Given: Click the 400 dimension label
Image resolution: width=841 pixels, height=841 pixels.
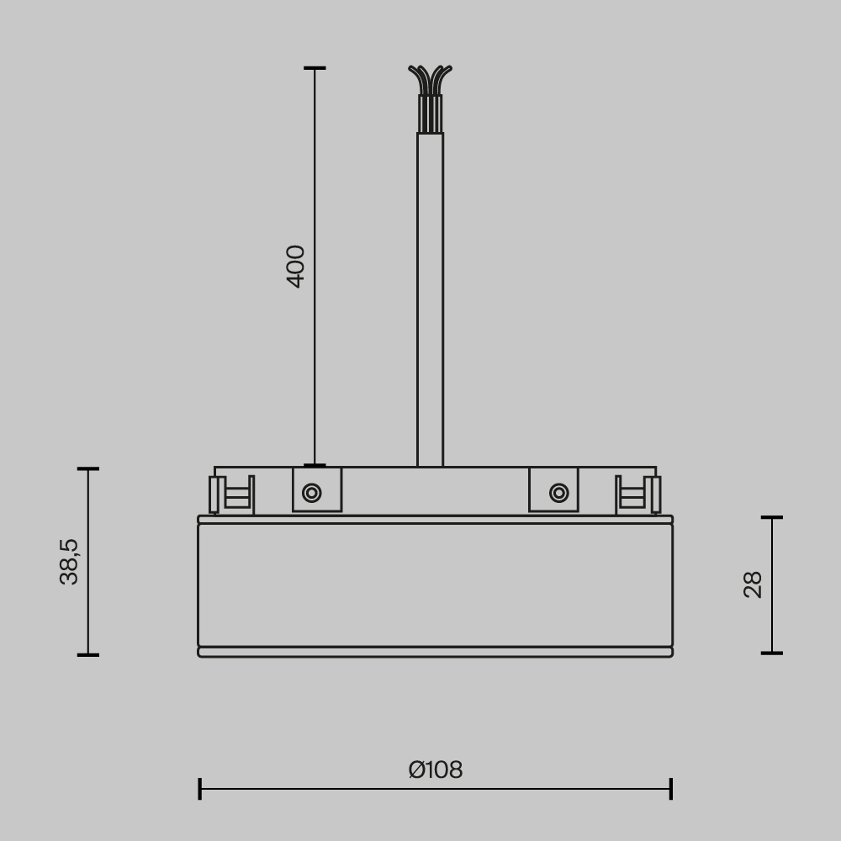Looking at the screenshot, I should pyautogui.click(x=296, y=266).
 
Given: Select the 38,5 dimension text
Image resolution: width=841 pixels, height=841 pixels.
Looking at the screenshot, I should pyautogui.click(x=69, y=561).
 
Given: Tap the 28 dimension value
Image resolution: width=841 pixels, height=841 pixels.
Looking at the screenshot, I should pyautogui.click(x=753, y=584).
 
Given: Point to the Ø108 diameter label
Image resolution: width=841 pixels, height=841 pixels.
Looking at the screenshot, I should pyautogui.click(x=436, y=770).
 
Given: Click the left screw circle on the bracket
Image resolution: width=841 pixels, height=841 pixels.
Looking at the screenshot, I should pyautogui.click(x=312, y=493).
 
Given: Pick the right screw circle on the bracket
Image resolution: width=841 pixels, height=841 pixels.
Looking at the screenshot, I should pyautogui.click(x=558, y=493).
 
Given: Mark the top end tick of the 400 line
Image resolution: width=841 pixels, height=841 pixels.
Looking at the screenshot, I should pyautogui.click(x=315, y=68).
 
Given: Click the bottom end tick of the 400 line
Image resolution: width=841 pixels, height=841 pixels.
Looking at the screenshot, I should pyautogui.click(x=315, y=465).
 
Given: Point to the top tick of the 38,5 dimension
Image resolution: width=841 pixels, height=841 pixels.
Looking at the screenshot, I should pyautogui.click(x=88, y=468).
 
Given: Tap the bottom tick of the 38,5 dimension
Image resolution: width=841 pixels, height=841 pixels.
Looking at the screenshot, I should pyautogui.click(x=88, y=654).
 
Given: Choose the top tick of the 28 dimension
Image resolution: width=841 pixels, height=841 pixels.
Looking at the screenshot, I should pyautogui.click(x=772, y=517).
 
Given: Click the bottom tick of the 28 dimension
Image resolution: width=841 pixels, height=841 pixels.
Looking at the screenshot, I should pyautogui.click(x=772, y=653).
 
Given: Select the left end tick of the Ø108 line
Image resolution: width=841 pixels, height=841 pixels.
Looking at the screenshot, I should pyautogui.click(x=200, y=789).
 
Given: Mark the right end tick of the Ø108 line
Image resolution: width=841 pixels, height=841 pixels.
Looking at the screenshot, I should pyautogui.click(x=671, y=789).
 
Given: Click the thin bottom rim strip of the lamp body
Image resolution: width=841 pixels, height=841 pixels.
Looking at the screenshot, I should pyautogui.click(x=435, y=652).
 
